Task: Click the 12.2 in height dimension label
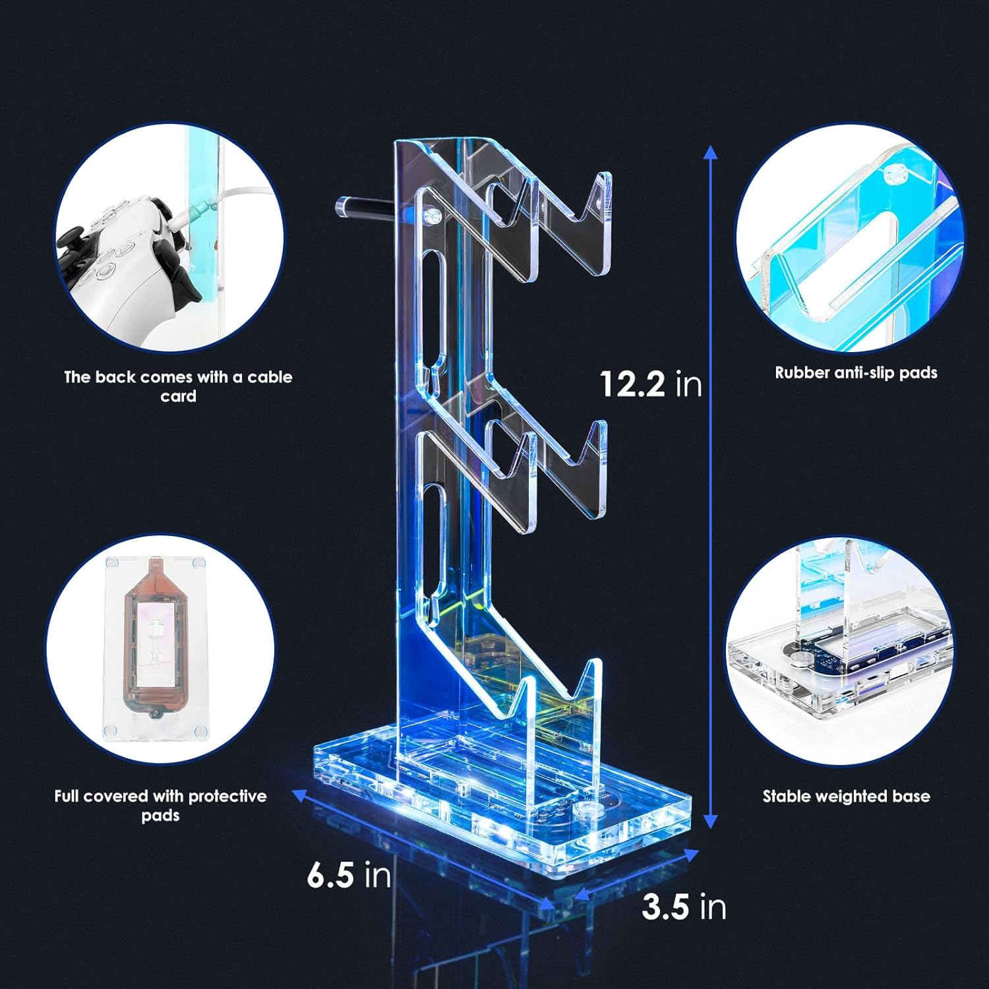tap(650, 383)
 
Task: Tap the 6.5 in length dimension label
tap(349, 875)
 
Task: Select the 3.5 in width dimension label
tap(684, 907)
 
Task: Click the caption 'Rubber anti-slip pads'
tap(856, 373)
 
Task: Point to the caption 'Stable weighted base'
tap(846, 796)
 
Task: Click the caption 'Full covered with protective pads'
tap(160, 805)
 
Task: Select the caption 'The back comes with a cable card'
tap(178, 386)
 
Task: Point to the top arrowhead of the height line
tap(710, 154)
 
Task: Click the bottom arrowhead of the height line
tap(710, 820)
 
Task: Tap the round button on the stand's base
tap(584, 810)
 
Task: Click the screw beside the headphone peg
tap(433, 215)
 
